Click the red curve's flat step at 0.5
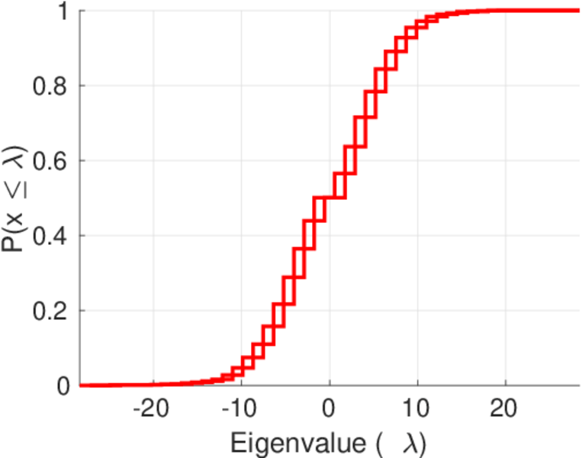(330, 198)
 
